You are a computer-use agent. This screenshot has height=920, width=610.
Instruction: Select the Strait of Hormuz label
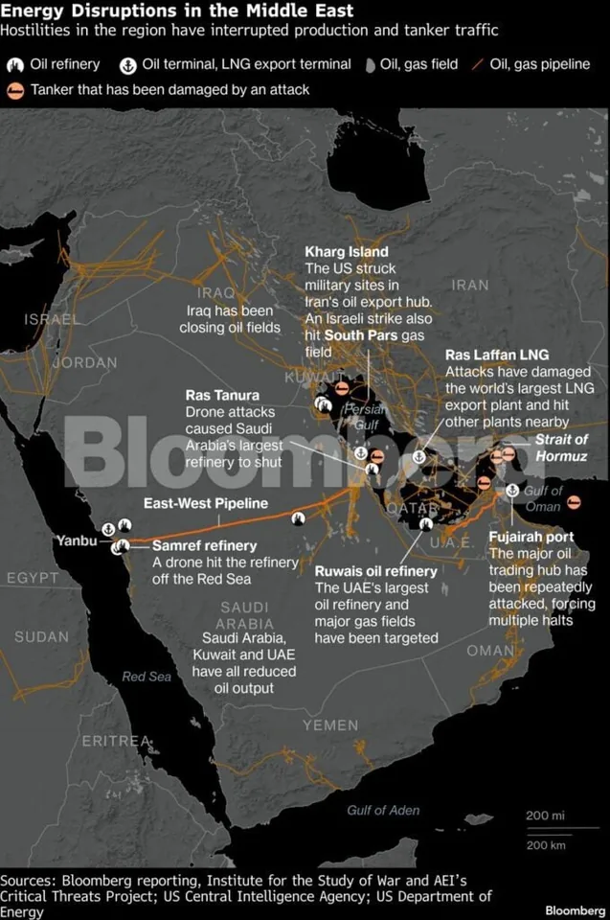pos(561,448)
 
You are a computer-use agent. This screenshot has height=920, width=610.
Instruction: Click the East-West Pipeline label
pos(206,503)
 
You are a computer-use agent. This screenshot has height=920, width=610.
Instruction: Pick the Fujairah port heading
pos(531,537)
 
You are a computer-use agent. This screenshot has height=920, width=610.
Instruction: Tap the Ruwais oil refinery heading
pos(376,571)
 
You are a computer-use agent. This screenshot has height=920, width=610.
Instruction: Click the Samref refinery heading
pos(205,545)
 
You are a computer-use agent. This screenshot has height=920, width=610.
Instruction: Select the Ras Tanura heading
pos(222,395)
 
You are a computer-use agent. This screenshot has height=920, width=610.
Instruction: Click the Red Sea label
pos(147,677)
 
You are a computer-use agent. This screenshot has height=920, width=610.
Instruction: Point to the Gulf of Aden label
pos(383,810)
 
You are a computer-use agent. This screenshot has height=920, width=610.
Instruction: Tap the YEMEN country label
pos(330,725)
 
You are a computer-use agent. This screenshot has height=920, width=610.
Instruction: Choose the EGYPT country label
pos(33,578)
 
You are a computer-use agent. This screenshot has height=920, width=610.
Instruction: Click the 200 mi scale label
pos(545,816)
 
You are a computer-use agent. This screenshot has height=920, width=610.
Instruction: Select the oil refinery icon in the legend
pos(15,66)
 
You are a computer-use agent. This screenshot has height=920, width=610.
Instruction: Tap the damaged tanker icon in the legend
pos(15,91)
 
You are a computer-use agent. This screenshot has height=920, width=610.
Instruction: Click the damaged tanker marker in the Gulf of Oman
pos(574,502)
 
